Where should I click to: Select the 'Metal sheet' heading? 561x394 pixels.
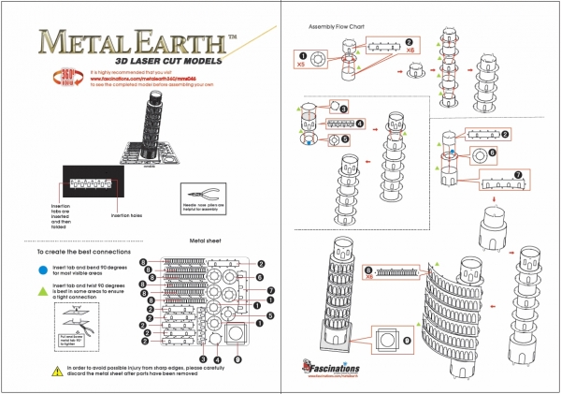coord(204,240)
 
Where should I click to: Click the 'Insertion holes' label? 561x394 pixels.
coord(126,214)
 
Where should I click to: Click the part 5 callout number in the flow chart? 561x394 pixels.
coord(345,139)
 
